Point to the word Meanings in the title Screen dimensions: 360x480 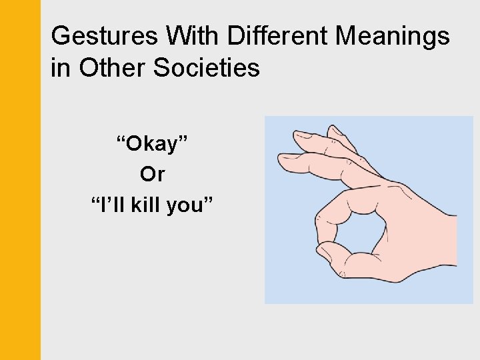pos(393,36)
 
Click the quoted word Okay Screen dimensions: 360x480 pos(152,143)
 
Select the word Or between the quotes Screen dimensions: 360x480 pos(152,175)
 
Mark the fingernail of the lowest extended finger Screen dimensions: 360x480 pos(288,161)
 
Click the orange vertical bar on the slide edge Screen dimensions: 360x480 pos(20,180)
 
